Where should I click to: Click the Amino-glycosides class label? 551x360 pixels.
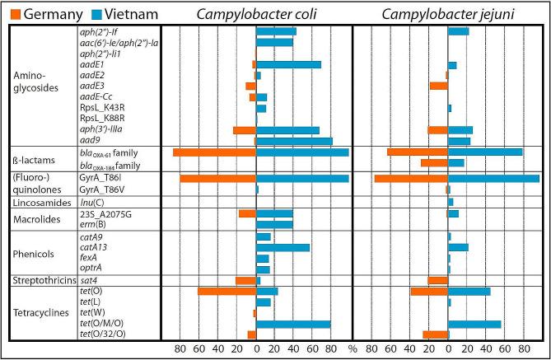(x=33, y=80)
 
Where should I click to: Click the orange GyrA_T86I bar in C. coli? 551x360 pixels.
(x=217, y=178)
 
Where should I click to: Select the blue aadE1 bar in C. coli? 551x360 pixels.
(x=288, y=64)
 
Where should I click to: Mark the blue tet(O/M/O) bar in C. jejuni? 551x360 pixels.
(x=474, y=324)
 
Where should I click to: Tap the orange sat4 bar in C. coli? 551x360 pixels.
(x=245, y=281)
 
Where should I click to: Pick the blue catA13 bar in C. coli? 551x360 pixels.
(x=283, y=247)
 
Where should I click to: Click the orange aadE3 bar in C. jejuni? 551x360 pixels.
(x=438, y=86)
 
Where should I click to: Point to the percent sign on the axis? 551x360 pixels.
(x=352, y=349)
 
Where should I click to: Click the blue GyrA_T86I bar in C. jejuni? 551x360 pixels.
(x=493, y=178)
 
